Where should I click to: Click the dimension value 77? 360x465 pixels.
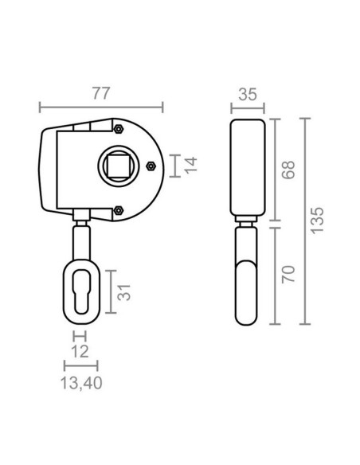[x=101, y=93]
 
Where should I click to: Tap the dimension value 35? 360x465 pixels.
[x=248, y=95]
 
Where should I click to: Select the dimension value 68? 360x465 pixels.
[x=288, y=170]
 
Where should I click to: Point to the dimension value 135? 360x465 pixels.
[x=317, y=221]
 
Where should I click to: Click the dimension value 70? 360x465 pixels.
[x=288, y=275]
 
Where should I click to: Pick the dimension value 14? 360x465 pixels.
[x=190, y=166]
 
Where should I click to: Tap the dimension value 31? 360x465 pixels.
[x=124, y=293]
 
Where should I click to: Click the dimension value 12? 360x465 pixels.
[x=80, y=352]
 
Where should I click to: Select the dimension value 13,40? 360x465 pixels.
[x=81, y=383]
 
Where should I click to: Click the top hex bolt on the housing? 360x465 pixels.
[x=119, y=129]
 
